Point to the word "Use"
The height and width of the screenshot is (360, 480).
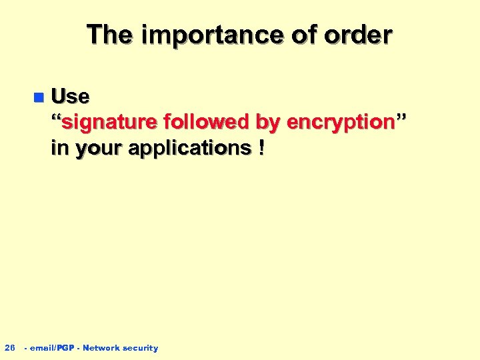[x=70, y=97]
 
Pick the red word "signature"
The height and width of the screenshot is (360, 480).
[x=109, y=123]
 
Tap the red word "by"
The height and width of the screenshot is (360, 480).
[x=267, y=123]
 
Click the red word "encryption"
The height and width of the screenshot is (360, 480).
[x=339, y=123]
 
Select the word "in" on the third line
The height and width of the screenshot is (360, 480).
[x=59, y=148]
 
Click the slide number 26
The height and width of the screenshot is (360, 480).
[x=9, y=347]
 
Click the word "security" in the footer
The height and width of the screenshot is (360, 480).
[x=140, y=348]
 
